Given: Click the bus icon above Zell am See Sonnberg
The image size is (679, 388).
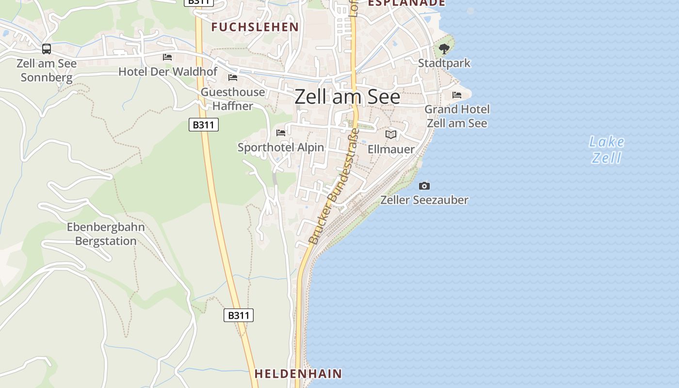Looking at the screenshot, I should tap(47, 48).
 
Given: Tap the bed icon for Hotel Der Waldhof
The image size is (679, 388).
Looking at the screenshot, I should tap(167, 57).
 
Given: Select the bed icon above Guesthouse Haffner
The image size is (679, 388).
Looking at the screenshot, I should tap(233, 78).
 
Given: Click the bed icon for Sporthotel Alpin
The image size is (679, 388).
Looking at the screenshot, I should tap(281, 132).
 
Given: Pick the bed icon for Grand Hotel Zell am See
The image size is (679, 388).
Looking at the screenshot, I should tap(457, 95).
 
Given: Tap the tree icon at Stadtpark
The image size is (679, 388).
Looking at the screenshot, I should tap(444, 48).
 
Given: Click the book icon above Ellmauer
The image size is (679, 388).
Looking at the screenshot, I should tap(391, 134).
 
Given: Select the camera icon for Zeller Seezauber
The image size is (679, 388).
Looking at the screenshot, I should tap(424, 186).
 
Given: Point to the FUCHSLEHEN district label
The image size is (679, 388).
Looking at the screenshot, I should tap(255, 27).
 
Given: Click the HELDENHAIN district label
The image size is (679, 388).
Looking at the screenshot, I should tap(298, 373).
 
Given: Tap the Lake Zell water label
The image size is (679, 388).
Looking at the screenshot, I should tap(606, 149).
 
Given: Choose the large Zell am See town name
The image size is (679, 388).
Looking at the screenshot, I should tap(347, 97).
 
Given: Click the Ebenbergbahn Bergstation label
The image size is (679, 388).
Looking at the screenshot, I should tap(106, 234).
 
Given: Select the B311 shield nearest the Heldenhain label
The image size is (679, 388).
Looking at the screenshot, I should tap(239, 315).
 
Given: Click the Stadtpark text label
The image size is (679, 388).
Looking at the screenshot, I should tap(444, 63).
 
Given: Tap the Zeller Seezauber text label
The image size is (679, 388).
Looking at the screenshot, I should tap(424, 200).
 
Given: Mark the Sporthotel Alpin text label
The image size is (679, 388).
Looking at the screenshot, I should tap(281, 147).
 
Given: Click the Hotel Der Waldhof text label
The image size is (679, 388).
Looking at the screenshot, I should tap(168, 72).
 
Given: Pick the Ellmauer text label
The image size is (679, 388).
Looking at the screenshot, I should tap(391, 149).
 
